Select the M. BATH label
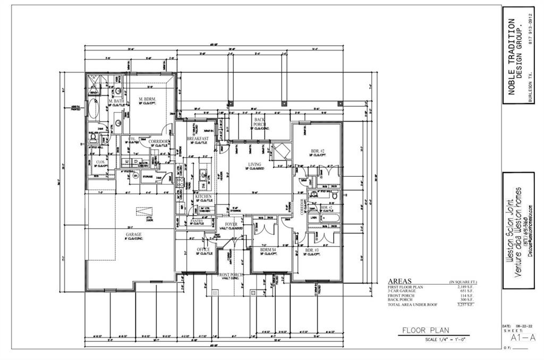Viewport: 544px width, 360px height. tap(117, 101)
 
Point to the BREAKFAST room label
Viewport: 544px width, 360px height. tap(197, 139)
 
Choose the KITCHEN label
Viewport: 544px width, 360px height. tap(203, 196)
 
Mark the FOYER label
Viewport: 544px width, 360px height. tap(231, 224)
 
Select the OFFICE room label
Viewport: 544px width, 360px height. tap(203, 249)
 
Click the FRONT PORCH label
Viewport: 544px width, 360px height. tap(231, 275)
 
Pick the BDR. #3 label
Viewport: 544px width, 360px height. tap(312, 250)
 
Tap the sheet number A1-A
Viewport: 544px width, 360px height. tap(515, 337)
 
